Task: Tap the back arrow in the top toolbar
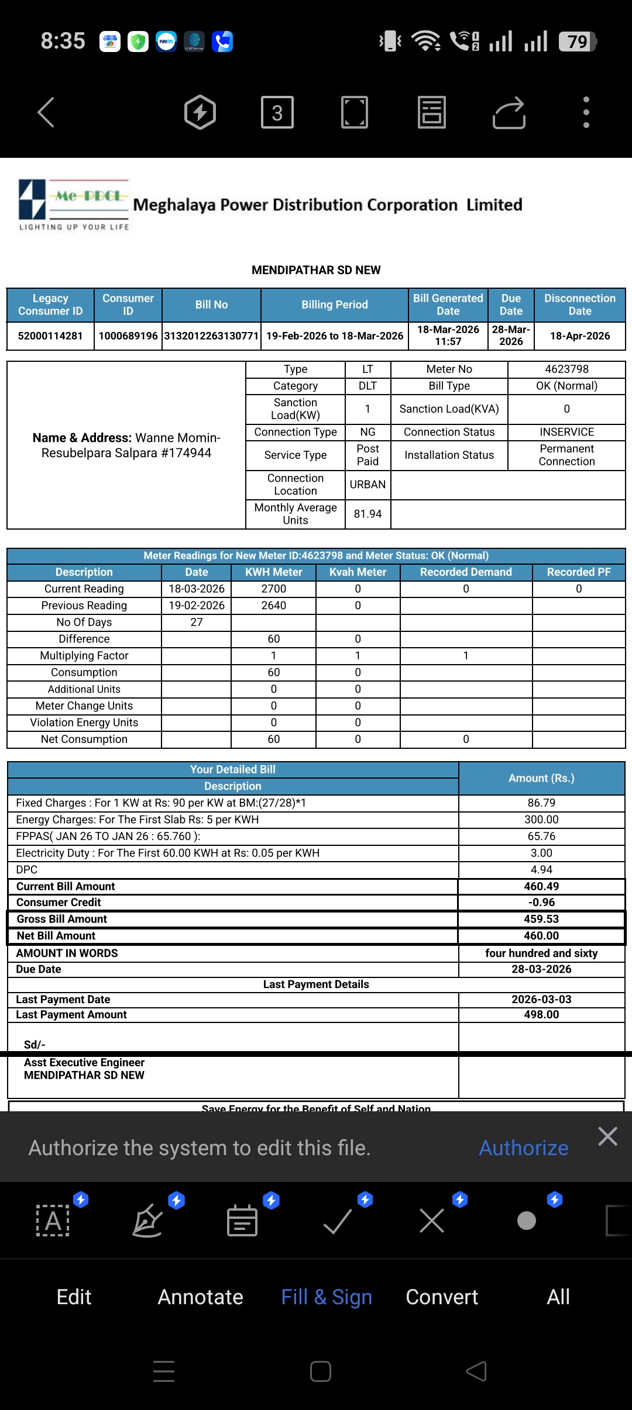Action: click(x=46, y=112)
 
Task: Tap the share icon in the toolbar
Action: click(x=509, y=112)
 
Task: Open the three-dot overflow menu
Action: click(x=586, y=112)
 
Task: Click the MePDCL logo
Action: click(x=74, y=205)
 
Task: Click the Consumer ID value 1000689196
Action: click(x=128, y=336)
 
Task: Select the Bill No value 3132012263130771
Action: click(x=211, y=336)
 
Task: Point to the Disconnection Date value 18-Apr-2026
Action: click(x=579, y=336)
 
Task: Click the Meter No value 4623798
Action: click(x=566, y=369)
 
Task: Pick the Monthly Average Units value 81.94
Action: click(x=367, y=514)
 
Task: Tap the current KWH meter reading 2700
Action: click(x=273, y=589)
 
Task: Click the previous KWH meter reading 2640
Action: click(x=273, y=606)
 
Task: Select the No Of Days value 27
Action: click(x=197, y=622)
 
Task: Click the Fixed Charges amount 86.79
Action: click(x=541, y=803)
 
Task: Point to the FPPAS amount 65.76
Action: click(x=541, y=837)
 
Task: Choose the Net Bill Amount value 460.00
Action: click(x=541, y=936)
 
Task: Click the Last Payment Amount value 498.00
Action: click(x=541, y=1015)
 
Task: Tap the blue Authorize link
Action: click(x=524, y=1148)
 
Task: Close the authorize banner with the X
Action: click(x=608, y=1136)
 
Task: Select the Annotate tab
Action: click(x=200, y=1297)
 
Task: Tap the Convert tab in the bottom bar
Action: click(x=442, y=1297)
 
